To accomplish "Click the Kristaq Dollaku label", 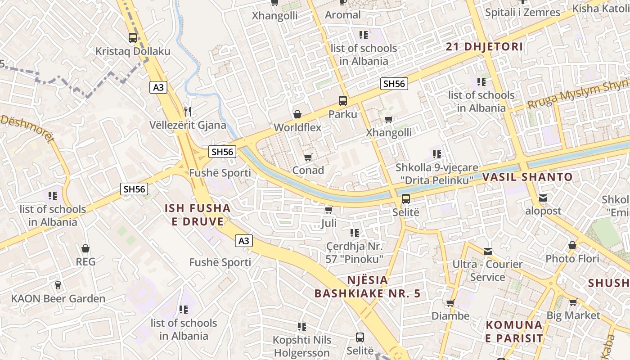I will (133, 51).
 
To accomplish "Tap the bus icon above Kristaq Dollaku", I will (132, 38).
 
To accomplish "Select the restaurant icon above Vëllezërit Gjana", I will (188, 111).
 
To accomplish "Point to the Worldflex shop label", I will (297, 127).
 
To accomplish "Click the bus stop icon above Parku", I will (343, 101).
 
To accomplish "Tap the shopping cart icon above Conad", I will (308, 157).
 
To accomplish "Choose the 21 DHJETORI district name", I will (484, 46).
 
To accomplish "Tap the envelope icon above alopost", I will (543, 198).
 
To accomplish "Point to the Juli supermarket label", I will (329, 223).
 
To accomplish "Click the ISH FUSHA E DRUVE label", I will (198, 215).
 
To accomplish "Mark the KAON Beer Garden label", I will (58, 298).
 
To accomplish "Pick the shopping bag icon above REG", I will (85, 248).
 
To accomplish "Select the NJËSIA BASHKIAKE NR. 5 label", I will (367, 287).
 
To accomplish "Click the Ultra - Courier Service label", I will (487, 270).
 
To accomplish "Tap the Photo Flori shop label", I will (572, 258).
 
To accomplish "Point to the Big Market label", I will (573, 315).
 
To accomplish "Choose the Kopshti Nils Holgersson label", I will (302, 346).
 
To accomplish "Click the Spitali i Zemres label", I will (522, 12).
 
